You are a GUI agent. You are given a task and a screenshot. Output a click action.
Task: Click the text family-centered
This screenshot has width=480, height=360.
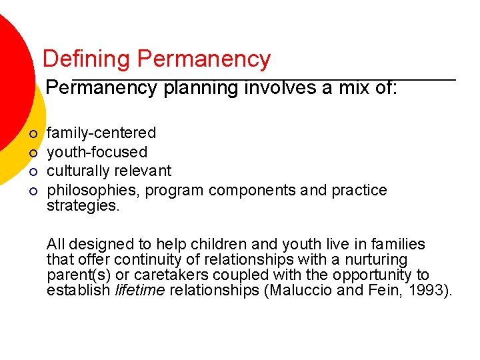101,133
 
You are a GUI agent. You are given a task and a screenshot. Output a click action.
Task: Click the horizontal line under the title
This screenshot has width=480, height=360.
263,79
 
